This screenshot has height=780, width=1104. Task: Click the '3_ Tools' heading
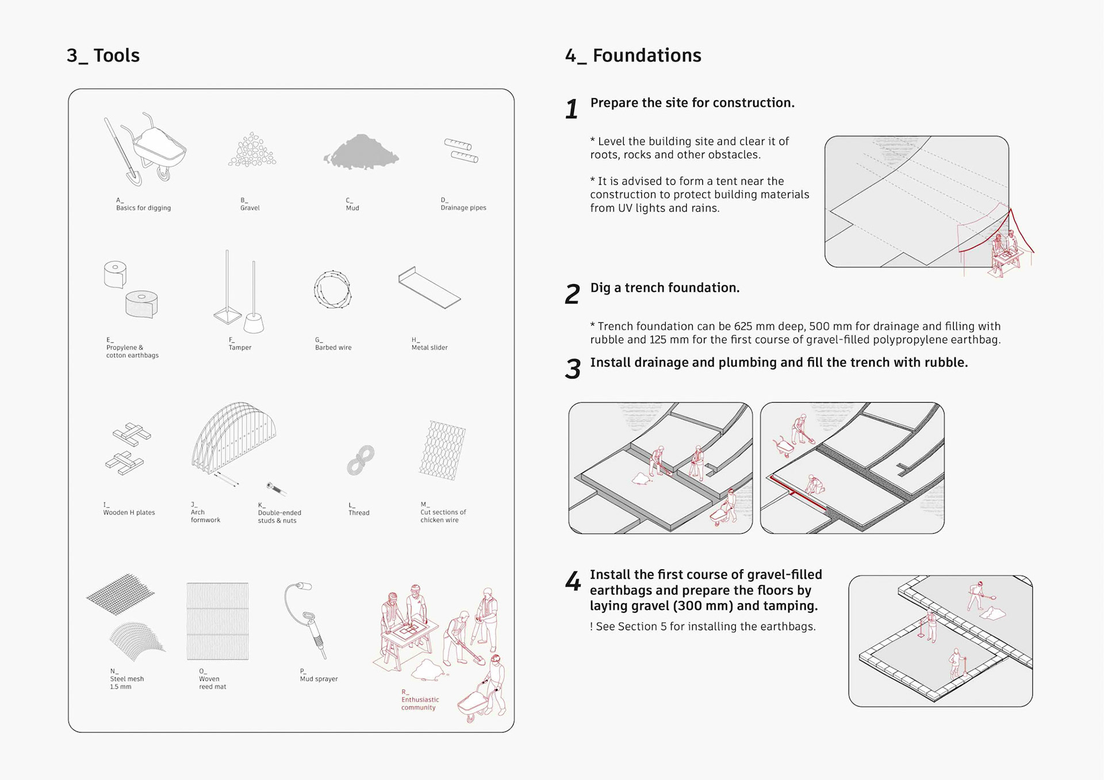(103, 56)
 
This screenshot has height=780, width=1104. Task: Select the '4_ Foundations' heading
(633, 56)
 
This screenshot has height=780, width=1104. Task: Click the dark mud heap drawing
(361, 152)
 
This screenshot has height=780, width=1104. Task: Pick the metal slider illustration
(429, 287)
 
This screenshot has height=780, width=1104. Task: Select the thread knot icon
(361, 460)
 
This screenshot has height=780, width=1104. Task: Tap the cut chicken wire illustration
(442, 450)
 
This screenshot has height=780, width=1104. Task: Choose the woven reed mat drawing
(218, 621)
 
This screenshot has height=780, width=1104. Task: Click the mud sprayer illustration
(306, 620)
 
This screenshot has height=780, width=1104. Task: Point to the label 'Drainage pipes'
(463, 208)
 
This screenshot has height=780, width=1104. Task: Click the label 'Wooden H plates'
(129, 512)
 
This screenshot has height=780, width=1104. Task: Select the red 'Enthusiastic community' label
(420, 704)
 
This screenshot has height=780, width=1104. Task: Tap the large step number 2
(572, 294)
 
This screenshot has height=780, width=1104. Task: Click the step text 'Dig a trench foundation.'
(665, 287)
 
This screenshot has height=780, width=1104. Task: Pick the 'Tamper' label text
(240, 347)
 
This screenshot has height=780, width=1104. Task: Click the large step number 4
(573, 581)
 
